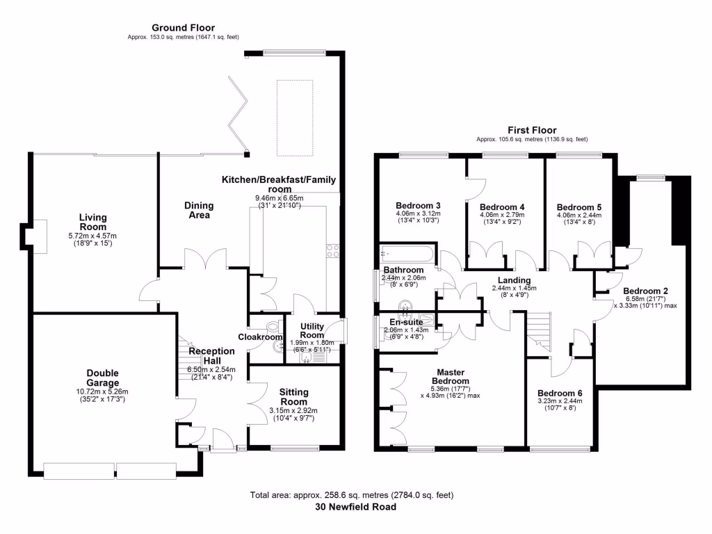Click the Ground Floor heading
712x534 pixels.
(183, 28)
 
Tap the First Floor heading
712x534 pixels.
(532, 130)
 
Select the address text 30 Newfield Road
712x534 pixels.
(355, 507)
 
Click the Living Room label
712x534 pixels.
(92, 222)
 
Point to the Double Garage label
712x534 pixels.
(103, 378)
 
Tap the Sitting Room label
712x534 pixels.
(294, 397)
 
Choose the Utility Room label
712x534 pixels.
(312, 330)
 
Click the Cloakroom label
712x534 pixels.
(260, 337)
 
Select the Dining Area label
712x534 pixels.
(199, 210)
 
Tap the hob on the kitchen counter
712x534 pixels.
(332, 251)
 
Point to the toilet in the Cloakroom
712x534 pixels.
(273, 327)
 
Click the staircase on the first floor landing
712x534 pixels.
(539, 332)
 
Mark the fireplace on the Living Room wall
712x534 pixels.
(35, 236)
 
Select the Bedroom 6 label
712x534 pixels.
(560, 394)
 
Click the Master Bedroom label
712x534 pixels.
(451, 377)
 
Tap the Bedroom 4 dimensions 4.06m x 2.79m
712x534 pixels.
(502, 215)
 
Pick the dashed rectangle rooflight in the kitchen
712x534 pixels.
(295, 118)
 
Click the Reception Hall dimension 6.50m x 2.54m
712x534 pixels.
(211, 370)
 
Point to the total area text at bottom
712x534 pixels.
(352, 495)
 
